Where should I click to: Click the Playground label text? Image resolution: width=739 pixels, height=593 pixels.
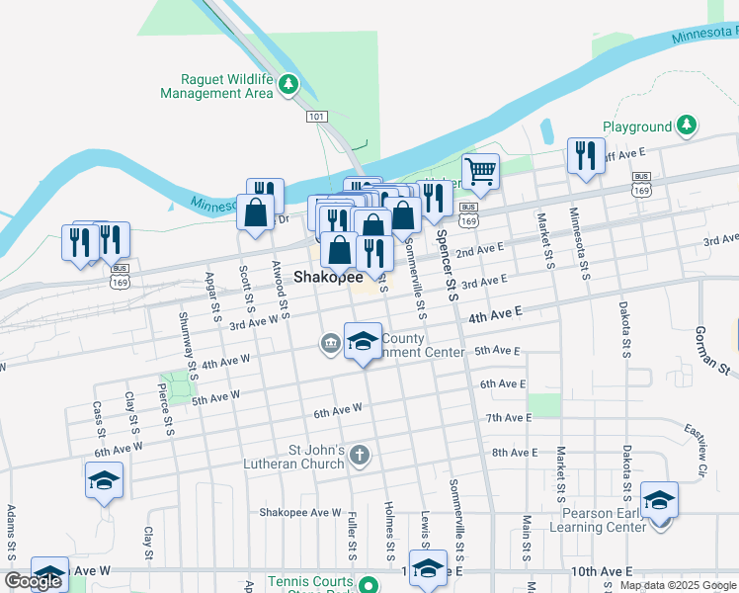[637, 127]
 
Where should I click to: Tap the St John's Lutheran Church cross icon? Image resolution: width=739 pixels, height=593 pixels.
[360, 456]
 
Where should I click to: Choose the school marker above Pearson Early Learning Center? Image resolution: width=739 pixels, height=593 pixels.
[659, 500]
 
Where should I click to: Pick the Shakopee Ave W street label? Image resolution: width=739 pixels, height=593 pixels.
[299, 513]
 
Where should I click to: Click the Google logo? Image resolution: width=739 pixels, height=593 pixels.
[34, 581]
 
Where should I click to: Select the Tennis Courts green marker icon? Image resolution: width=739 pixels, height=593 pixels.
[369, 584]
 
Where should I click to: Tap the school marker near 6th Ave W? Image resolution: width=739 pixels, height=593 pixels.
[104, 480]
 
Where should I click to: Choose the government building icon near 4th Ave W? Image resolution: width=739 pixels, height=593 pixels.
[329, 344]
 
